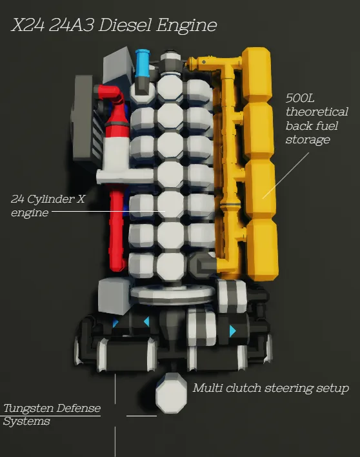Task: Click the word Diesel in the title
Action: [x=126, y=25]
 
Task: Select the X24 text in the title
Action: [x=28, y=25]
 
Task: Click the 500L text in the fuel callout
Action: [x=300, y=98]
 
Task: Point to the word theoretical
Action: [x=317, y=112]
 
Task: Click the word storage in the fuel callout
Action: [x=308, y=140]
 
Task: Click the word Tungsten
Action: [x=28, y=409]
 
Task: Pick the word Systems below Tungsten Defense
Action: [x=26, y=421]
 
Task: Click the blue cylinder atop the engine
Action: [x=143, y=63]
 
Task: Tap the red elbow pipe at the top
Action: [x=112, y=93]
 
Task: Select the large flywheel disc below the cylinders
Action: [x=174, y=295]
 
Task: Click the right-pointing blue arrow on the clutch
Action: [x=232, y=331]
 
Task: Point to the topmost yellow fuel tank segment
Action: [x=257, y=75]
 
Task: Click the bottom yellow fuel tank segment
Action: [x=262, y=250]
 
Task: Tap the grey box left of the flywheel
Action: [x=114, y=296]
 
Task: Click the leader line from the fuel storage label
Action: [x=285, y=176]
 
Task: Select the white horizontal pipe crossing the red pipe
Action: [x=125, y=176]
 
